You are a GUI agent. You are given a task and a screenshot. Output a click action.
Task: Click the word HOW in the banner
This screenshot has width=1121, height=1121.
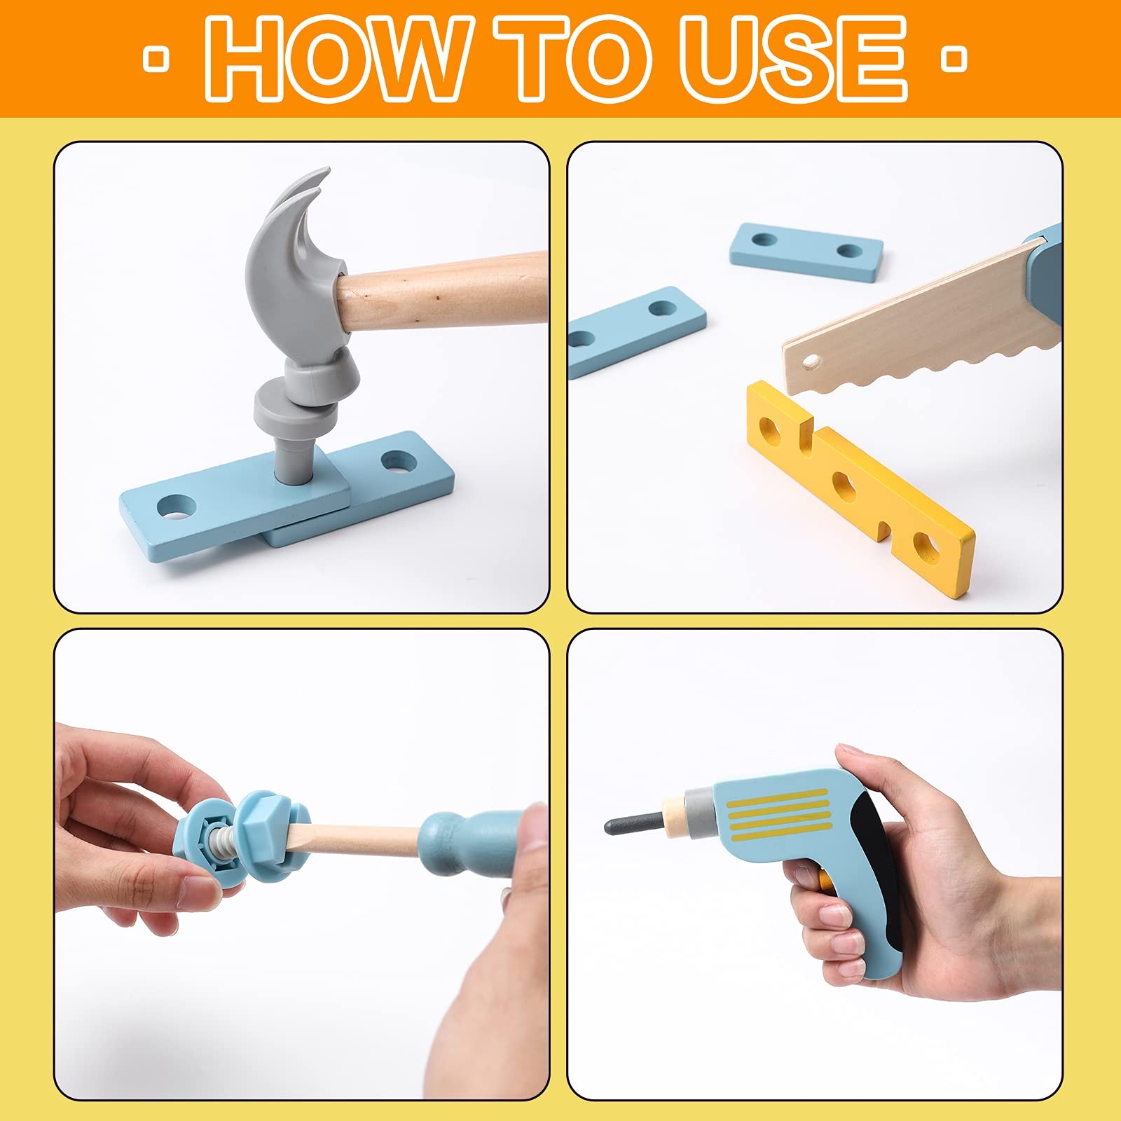tap(336, 59)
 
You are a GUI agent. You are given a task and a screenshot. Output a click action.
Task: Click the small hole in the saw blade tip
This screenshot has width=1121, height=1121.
tap(811, 362)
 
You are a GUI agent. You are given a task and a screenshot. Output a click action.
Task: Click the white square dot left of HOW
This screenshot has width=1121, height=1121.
tap(156, 59)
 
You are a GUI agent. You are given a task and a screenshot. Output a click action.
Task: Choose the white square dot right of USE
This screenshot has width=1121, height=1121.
tap(953, 59)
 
